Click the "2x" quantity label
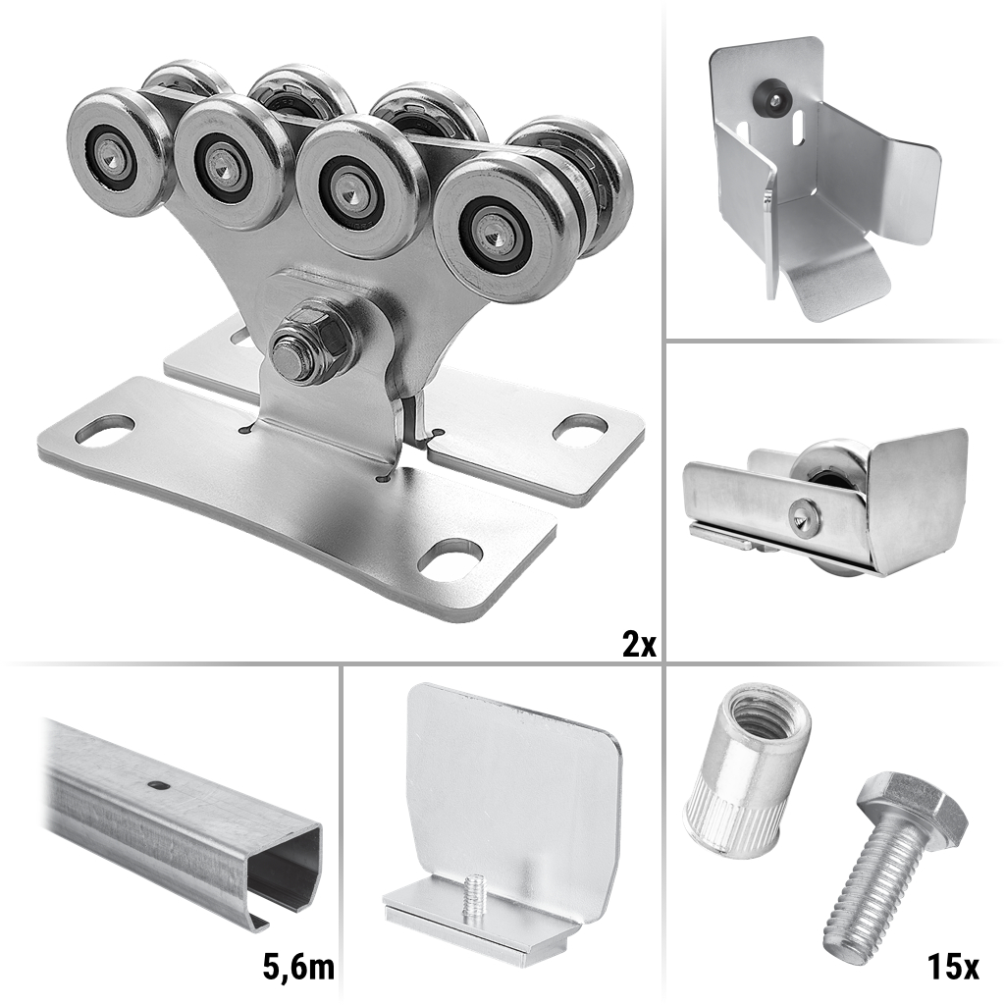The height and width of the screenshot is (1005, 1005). pos(639,643)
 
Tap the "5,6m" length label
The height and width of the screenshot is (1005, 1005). pos(298,967)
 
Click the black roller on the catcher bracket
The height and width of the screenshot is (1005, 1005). pos(771,97)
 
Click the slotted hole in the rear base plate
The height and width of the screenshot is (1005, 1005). pos(579,429)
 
